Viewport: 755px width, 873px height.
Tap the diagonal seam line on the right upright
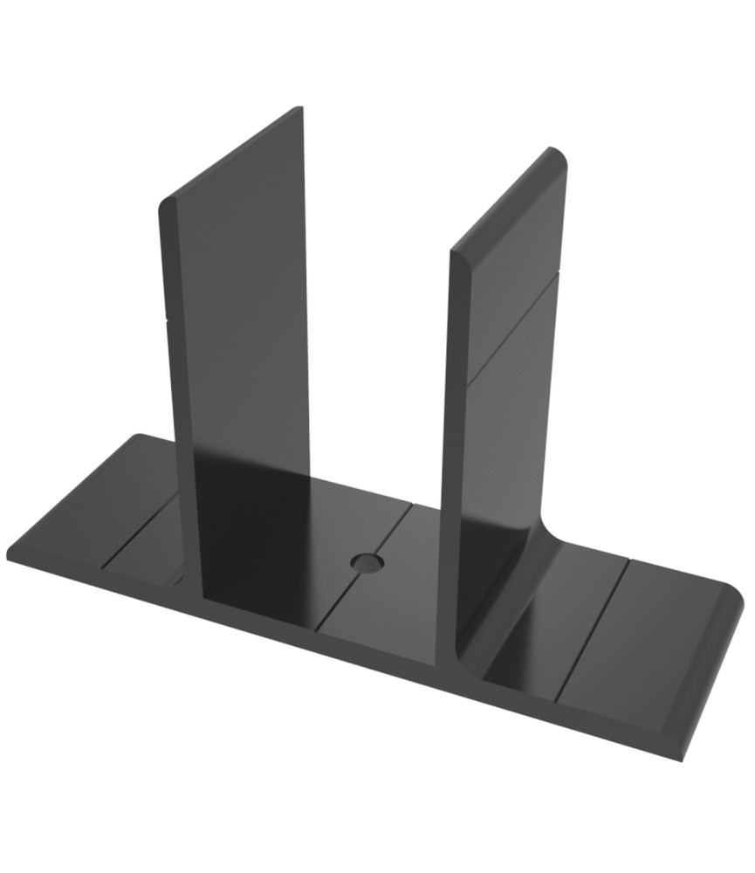tap(513, 327)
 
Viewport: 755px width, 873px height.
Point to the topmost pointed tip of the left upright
tap(300, 108)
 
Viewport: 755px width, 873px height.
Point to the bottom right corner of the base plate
tap(685, 758)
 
